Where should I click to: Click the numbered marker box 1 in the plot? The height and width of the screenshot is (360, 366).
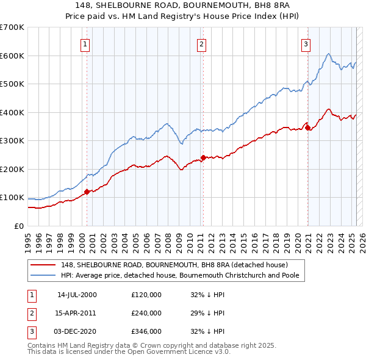85,43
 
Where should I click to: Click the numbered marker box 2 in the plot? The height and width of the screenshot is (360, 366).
201,43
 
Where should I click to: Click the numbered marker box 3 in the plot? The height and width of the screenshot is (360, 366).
305,43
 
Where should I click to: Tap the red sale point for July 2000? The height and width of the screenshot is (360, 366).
87,192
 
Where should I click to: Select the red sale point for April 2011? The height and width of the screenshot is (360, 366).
203,157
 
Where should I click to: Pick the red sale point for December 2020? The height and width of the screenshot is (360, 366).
307,128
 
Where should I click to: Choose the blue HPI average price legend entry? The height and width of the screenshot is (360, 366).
182,275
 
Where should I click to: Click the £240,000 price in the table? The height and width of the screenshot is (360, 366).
146,313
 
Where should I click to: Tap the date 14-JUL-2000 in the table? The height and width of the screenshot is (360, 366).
77,295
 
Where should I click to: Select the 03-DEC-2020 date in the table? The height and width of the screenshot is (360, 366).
77,331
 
